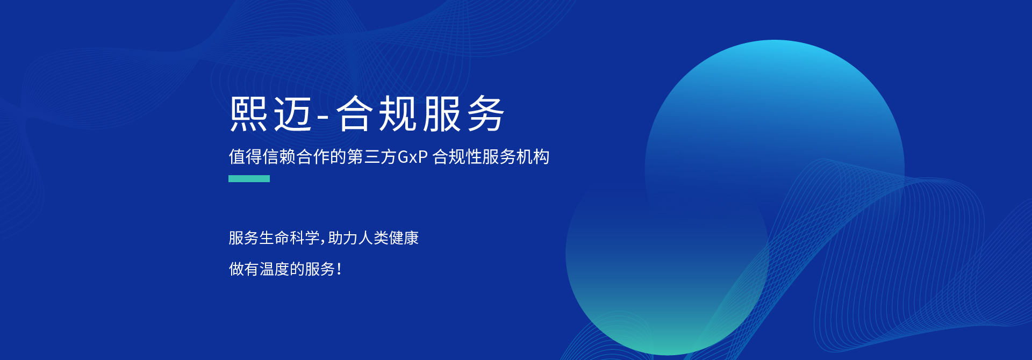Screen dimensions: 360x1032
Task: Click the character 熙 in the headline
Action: [248, 114]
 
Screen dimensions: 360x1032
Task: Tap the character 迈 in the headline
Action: [293, 114]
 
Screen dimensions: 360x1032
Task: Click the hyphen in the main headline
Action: [323, 116]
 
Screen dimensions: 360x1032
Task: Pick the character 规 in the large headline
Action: [398, 114]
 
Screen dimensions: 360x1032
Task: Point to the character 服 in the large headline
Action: [442, 114]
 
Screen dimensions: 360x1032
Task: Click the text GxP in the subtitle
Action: [412, 157]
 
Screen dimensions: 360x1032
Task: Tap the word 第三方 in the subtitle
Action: [372, 157]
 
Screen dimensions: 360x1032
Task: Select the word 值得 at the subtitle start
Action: [245, 157]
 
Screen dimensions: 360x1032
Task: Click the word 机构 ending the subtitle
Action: [533, 157]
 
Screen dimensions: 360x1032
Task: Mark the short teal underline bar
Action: [249, 179]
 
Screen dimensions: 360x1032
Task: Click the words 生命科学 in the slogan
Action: [289, 238]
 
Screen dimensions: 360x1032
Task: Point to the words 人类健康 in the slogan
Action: [388, 238]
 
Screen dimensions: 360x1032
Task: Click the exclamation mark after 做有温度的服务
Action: [339, 269]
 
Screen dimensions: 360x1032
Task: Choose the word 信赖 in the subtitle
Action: [279, 157]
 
